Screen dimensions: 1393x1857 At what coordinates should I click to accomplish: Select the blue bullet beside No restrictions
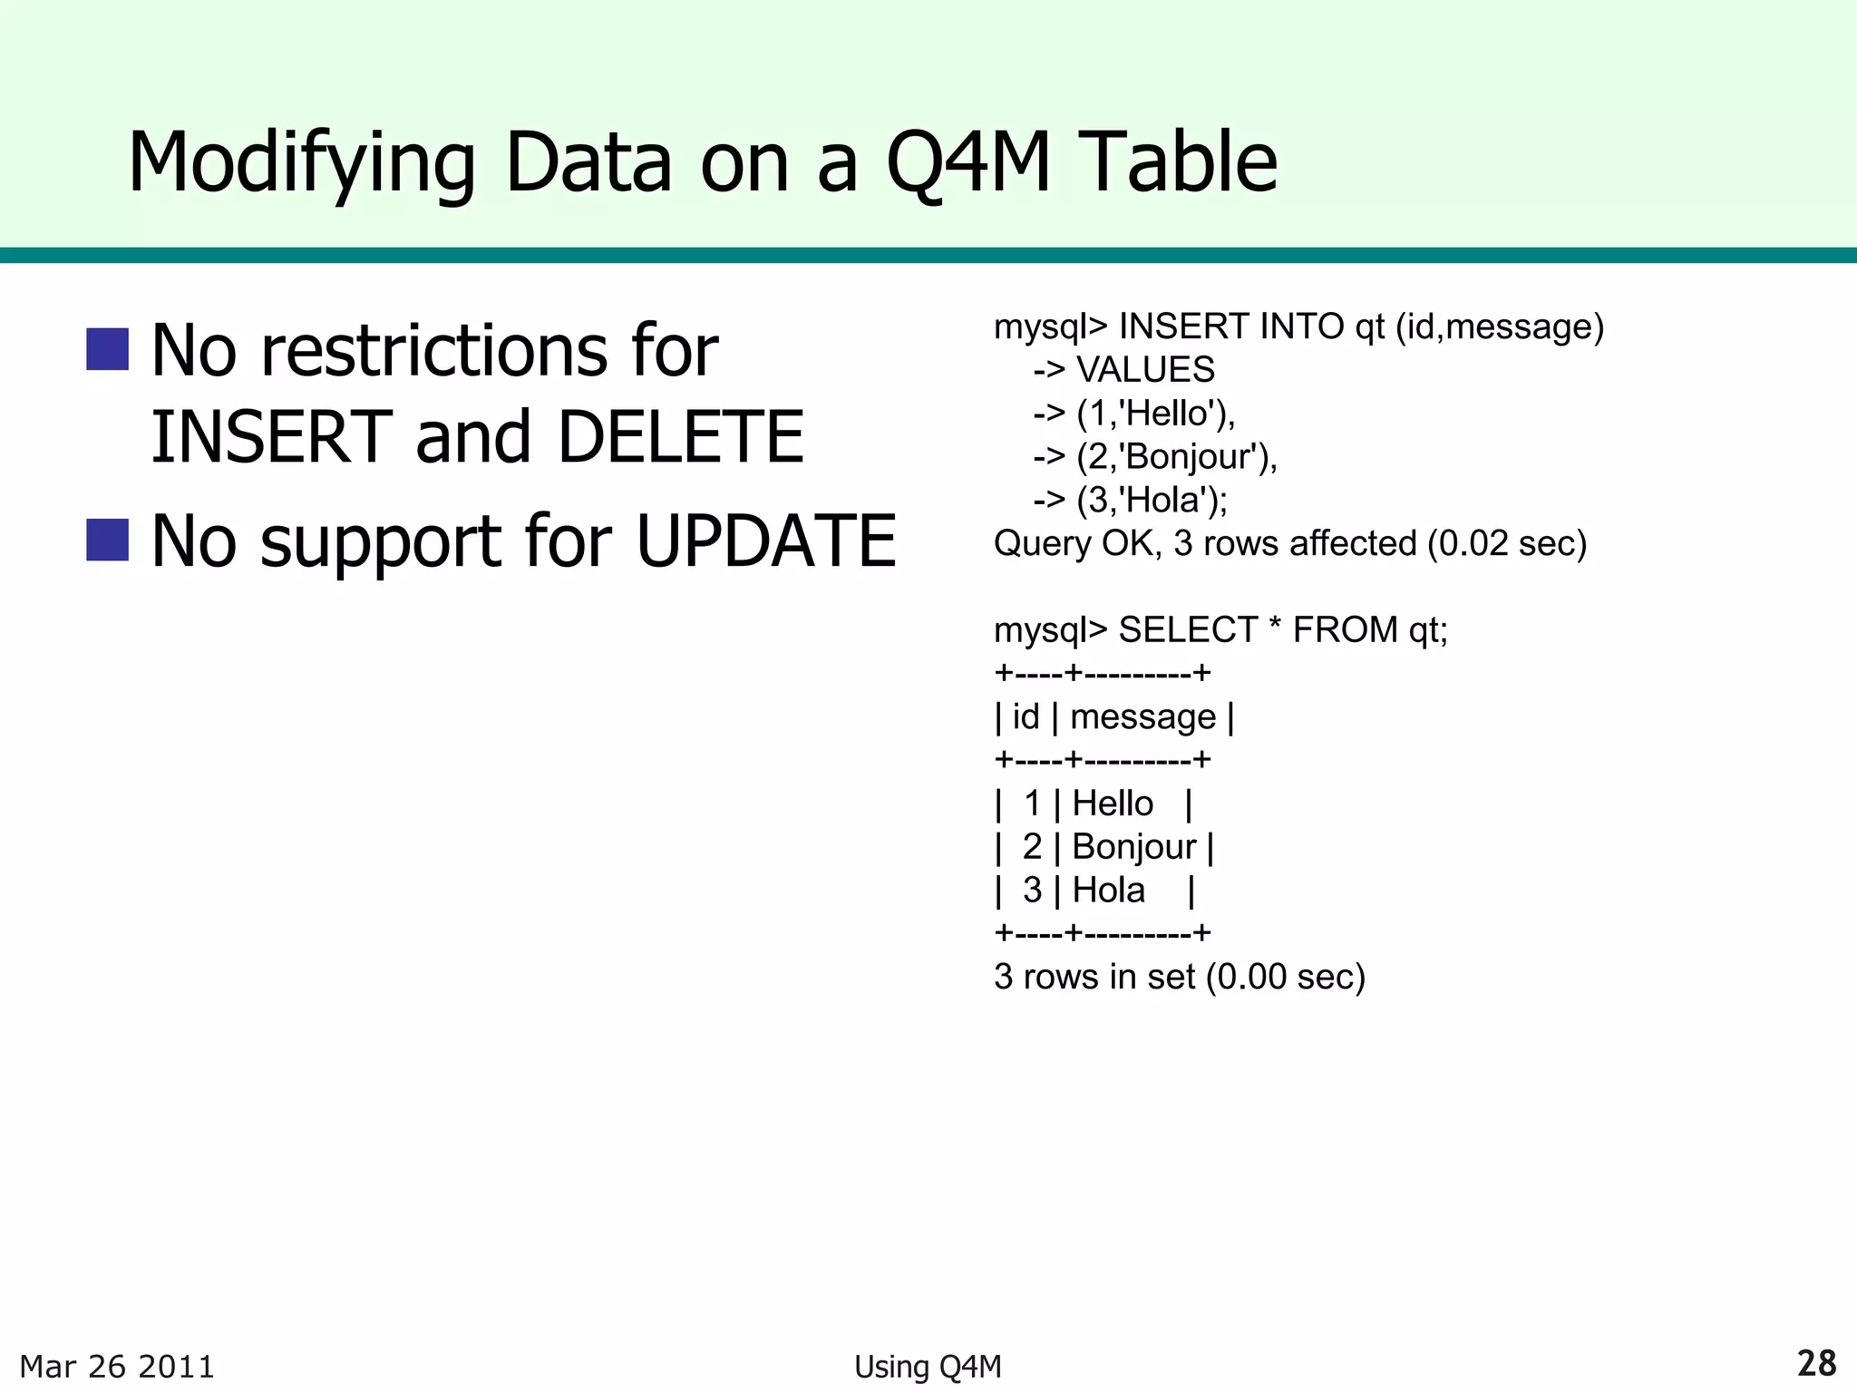107,349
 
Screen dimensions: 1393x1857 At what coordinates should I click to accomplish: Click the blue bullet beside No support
107,540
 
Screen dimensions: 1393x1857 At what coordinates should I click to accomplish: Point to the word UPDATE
766,541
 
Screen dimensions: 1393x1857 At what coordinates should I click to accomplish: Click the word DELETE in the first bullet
680,437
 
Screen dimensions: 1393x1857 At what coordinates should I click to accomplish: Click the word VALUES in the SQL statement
1145,370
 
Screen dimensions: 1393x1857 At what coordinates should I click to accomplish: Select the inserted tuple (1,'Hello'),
1155,414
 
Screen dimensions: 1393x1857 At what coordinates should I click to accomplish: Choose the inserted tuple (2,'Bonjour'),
1176,457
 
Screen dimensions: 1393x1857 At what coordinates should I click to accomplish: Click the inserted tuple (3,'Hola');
1152,500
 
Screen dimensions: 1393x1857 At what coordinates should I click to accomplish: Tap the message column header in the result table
1142,716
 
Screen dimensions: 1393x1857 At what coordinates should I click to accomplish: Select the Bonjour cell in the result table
1133,847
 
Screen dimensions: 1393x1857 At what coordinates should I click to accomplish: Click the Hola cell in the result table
1108,891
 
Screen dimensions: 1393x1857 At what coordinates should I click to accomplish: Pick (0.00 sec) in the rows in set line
1286,977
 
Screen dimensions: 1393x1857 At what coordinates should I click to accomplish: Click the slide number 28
1816,1363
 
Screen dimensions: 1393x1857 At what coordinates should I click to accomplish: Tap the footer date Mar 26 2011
117,1367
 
